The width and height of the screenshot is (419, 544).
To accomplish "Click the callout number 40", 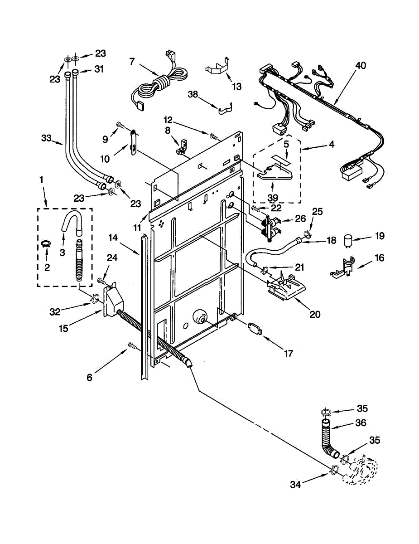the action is point(361,66).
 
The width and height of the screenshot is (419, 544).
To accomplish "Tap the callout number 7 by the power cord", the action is point(132,62).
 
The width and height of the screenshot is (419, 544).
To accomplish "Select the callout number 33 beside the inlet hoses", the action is point(46,138).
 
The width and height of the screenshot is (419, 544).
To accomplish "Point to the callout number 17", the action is point(288,354).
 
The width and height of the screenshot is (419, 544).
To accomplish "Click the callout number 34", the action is point(295,485).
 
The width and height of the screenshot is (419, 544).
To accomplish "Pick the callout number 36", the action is point(361,423).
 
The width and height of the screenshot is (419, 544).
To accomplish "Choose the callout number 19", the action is point(380,236).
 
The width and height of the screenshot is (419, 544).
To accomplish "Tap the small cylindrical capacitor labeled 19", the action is point(347,241).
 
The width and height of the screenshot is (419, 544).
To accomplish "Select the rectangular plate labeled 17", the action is point(255,329).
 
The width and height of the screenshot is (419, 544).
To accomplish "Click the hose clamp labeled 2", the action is point(46,243).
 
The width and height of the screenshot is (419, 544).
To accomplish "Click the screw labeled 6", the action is point(133,346).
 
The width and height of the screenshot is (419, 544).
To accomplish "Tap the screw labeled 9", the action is point(122,125).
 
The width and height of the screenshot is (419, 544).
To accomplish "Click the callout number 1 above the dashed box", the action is point(41,180).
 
